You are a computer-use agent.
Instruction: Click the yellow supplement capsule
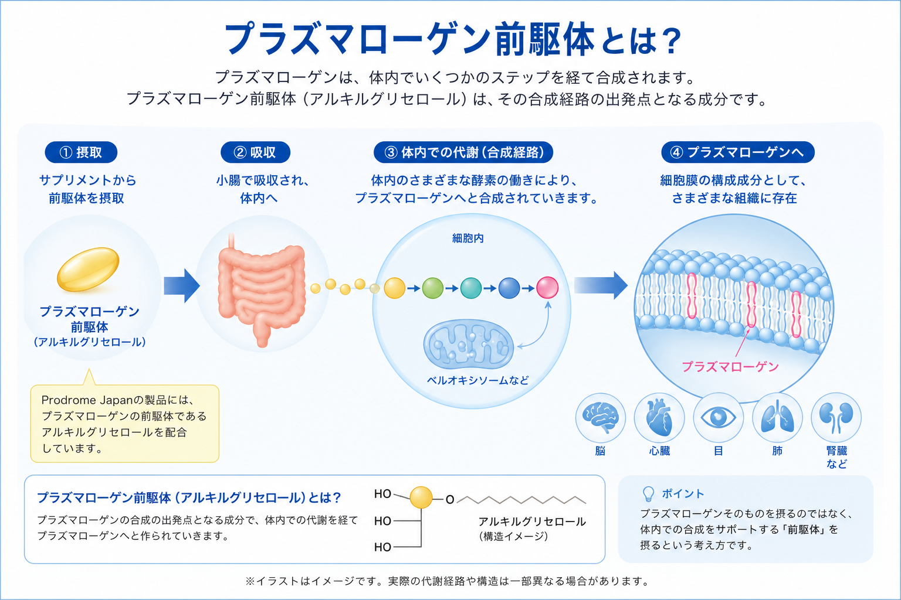[x=88, y=269]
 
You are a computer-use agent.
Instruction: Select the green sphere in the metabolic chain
[x=432, y=288]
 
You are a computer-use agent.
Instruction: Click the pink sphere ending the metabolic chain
[x=547, y=287]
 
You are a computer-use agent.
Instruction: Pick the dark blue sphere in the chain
[x=509, y=288]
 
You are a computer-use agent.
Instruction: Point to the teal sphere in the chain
[x=471, y=288]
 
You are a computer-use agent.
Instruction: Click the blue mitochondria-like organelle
[x=469, y=344]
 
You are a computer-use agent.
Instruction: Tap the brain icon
[x=601, y=418]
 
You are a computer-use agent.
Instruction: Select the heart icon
[x=659, y=418]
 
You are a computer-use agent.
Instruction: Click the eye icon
[x=718, y=418]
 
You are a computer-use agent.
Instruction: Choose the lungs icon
[x=777, y=418]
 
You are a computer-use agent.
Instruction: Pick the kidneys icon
[x=836, y=418]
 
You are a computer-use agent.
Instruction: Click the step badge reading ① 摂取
[x=81, y=152]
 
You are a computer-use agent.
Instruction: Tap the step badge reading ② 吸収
[x=255, y=152]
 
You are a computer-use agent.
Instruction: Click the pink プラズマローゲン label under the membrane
[x=730, y=367]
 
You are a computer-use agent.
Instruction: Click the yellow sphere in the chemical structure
[x=421, y=497]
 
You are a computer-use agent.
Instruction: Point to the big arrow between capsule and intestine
[x=182, y=286]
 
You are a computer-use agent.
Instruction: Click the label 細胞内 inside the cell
[x=468, y=238]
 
